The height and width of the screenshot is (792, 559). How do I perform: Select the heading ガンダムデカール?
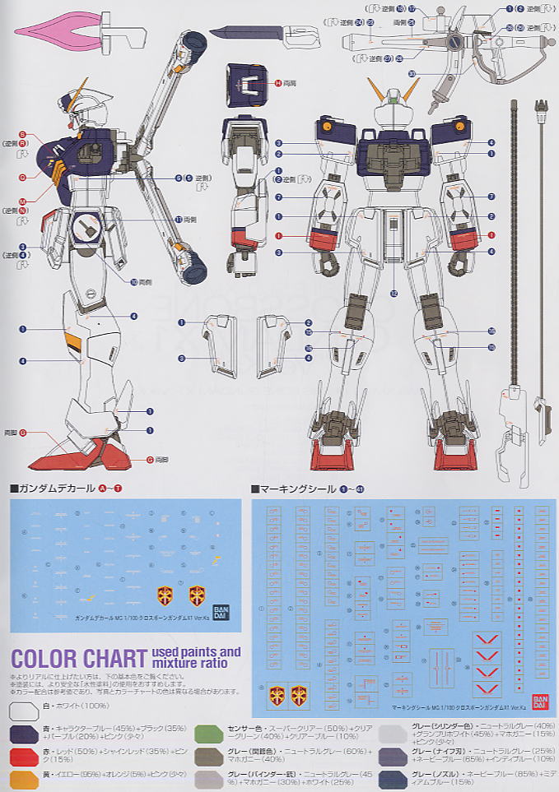54,488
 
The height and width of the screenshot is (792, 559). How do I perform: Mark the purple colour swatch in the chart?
25,733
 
